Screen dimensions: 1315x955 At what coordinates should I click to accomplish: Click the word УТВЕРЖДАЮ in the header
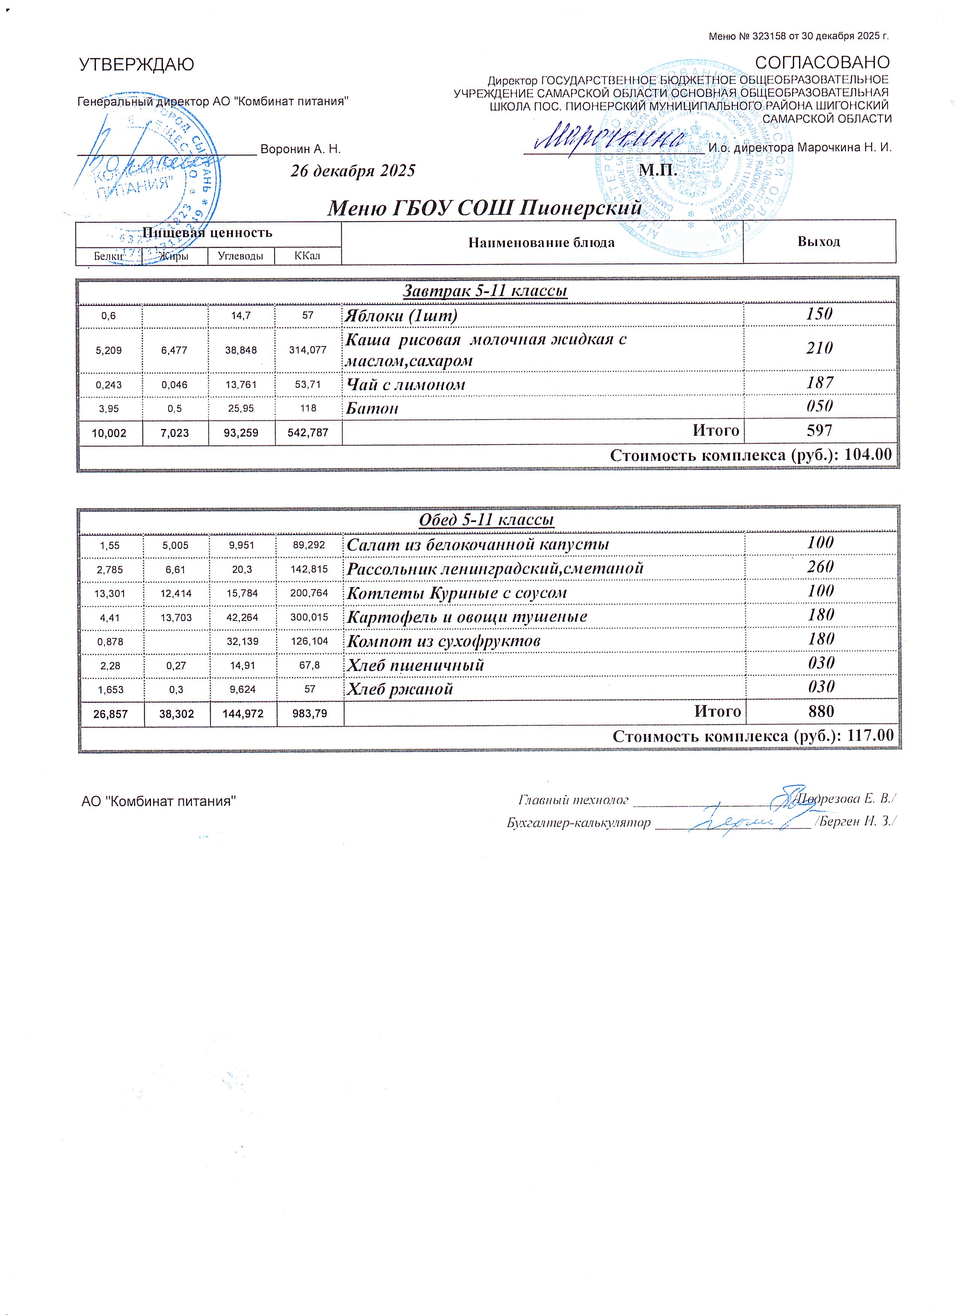(x=136, y=65)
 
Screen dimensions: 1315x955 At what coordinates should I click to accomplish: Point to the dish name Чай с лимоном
(x=406, y=384)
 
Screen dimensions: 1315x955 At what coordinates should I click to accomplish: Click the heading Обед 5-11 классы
(x=486, y=520)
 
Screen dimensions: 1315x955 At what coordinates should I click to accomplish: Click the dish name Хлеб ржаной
(x=399, y=689)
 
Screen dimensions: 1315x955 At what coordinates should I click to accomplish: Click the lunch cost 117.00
(x=870, y=736)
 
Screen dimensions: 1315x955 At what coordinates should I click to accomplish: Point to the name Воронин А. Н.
(x=300, y=149)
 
